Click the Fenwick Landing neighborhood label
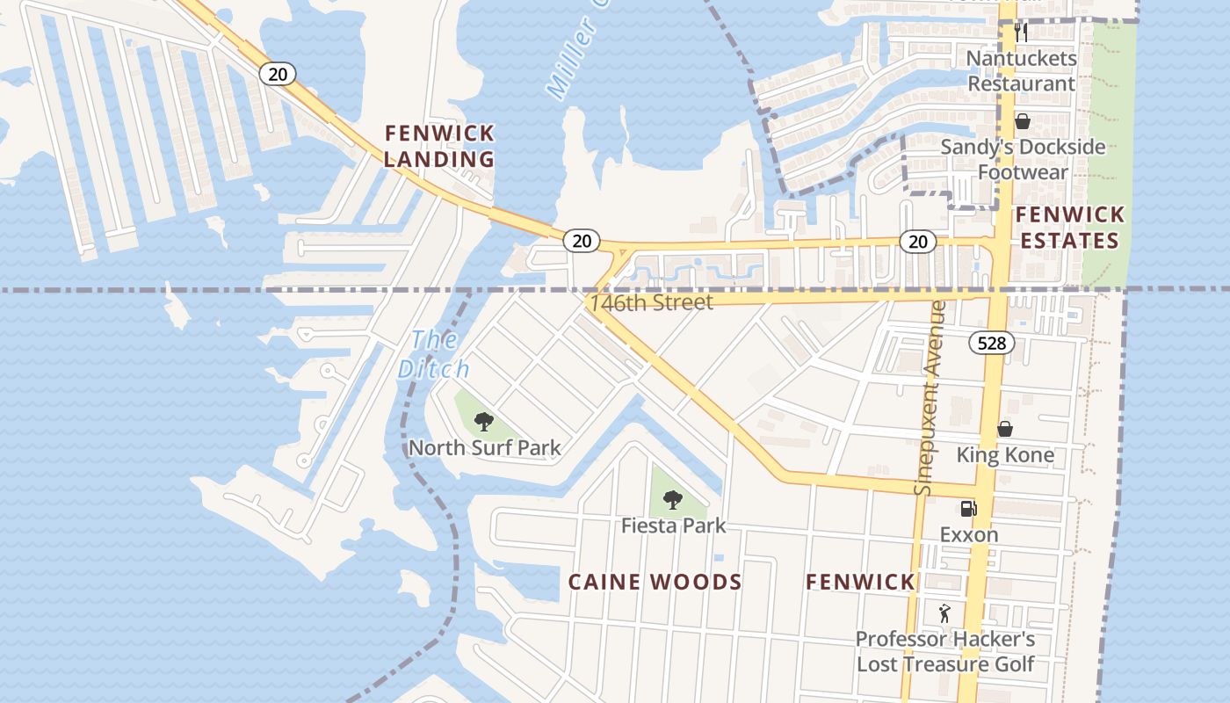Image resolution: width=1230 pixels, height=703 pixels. [439, 147]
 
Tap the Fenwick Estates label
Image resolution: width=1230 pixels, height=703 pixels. [1068, 228]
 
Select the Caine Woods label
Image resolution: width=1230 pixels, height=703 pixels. [655, 582]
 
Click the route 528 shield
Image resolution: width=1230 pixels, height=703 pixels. [991, 343]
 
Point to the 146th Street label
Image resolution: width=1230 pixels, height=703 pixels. [651, 302]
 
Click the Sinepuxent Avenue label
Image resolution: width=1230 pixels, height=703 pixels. [929, 397]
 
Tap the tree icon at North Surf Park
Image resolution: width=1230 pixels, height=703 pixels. [483, 422]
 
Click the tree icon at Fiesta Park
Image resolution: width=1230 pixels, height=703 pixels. [673, 500]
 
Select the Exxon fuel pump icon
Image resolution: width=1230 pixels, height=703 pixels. [967, 509]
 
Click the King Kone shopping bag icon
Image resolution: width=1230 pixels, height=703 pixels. [1005, 429]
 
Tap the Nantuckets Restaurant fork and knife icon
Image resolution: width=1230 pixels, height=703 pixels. [1021, 33]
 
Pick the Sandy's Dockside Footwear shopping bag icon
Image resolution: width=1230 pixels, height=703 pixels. [1022, 121]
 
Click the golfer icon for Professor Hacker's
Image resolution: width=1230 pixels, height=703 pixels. [944, 612]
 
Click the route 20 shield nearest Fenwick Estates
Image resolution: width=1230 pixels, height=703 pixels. [917, 242]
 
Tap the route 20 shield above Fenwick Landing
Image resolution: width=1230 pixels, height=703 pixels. [277, 74]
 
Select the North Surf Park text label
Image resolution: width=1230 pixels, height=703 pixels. [484, 447]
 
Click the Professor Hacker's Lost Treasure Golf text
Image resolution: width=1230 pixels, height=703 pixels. [945, 651]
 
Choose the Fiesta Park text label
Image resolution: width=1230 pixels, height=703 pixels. [673, 525]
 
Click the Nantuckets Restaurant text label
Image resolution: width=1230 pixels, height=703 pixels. [1021, 71]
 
